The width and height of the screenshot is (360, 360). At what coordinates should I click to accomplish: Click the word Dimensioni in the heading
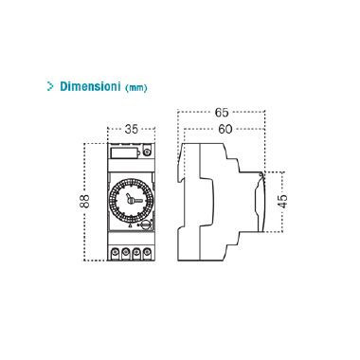[x=89, y=85]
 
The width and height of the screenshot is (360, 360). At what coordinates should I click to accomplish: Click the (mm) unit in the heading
[x=135, y=86]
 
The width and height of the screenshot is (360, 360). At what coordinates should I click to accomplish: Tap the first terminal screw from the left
[x=112, y=254]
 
